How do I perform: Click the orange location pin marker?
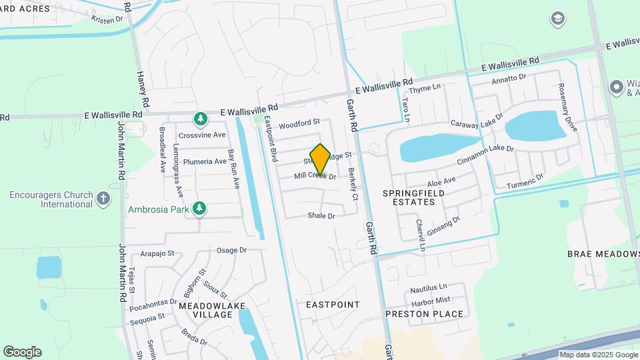pos(320,159)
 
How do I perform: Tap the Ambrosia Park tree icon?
pos(199,209)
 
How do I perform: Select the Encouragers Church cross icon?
pos(103,198)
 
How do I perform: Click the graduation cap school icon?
pos(558,19)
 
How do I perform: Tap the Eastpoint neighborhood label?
pos(333,305)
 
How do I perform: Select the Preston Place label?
pos(425,313)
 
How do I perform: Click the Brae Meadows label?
pos(603,254)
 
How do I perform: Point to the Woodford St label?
pos(299,124)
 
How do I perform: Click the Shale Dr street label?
pos(321,215)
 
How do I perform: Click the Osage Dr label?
pos(231,250)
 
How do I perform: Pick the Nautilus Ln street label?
pos(428,289)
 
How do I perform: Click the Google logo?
pos(22,352)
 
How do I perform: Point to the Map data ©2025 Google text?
pos(598,355)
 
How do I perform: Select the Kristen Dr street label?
pos(107,20)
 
